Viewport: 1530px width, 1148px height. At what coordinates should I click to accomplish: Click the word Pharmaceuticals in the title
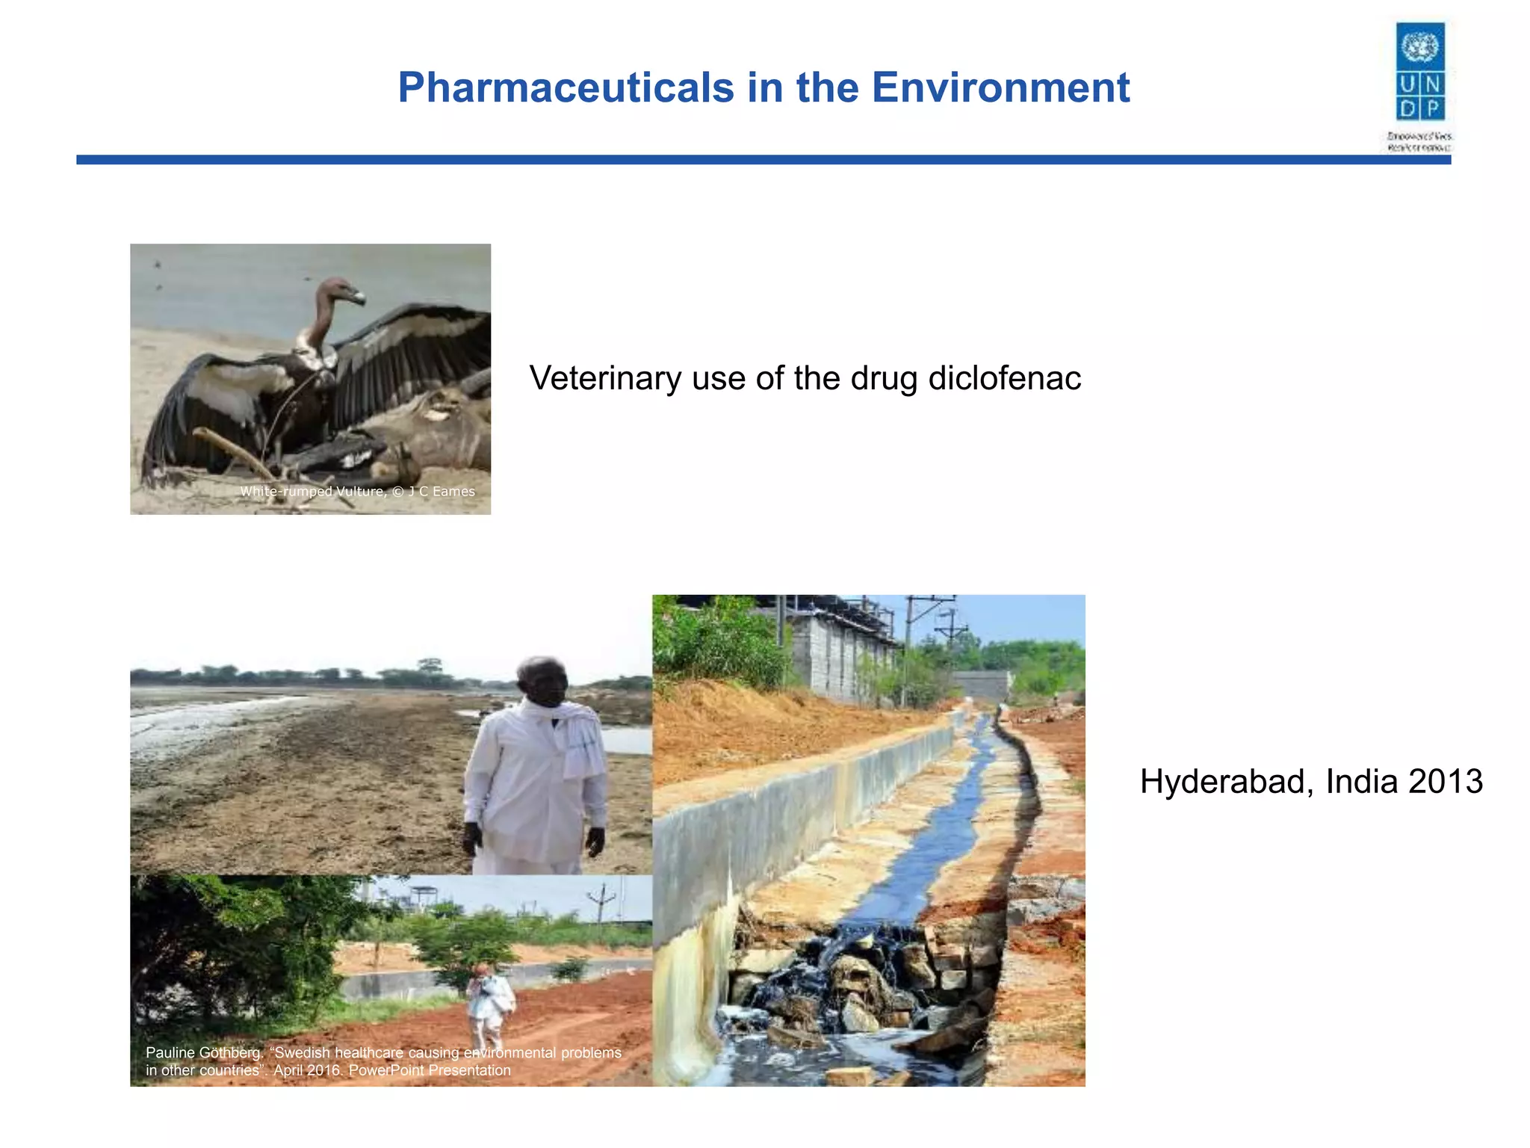tap(566, 88)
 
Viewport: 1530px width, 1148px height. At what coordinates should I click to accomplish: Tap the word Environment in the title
tap(1000, 88)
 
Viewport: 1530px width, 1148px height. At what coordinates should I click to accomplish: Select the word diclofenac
tap(1004, 378)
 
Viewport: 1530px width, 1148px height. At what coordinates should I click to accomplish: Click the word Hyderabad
tap(1227, 782)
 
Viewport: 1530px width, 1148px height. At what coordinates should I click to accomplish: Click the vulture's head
tap(340, 291)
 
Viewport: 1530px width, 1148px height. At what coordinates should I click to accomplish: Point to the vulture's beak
tap(359, 298)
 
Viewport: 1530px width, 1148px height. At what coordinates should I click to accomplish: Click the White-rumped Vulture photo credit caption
tap(357, 491)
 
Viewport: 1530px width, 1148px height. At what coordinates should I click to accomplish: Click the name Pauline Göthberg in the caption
tap(202, 1052)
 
